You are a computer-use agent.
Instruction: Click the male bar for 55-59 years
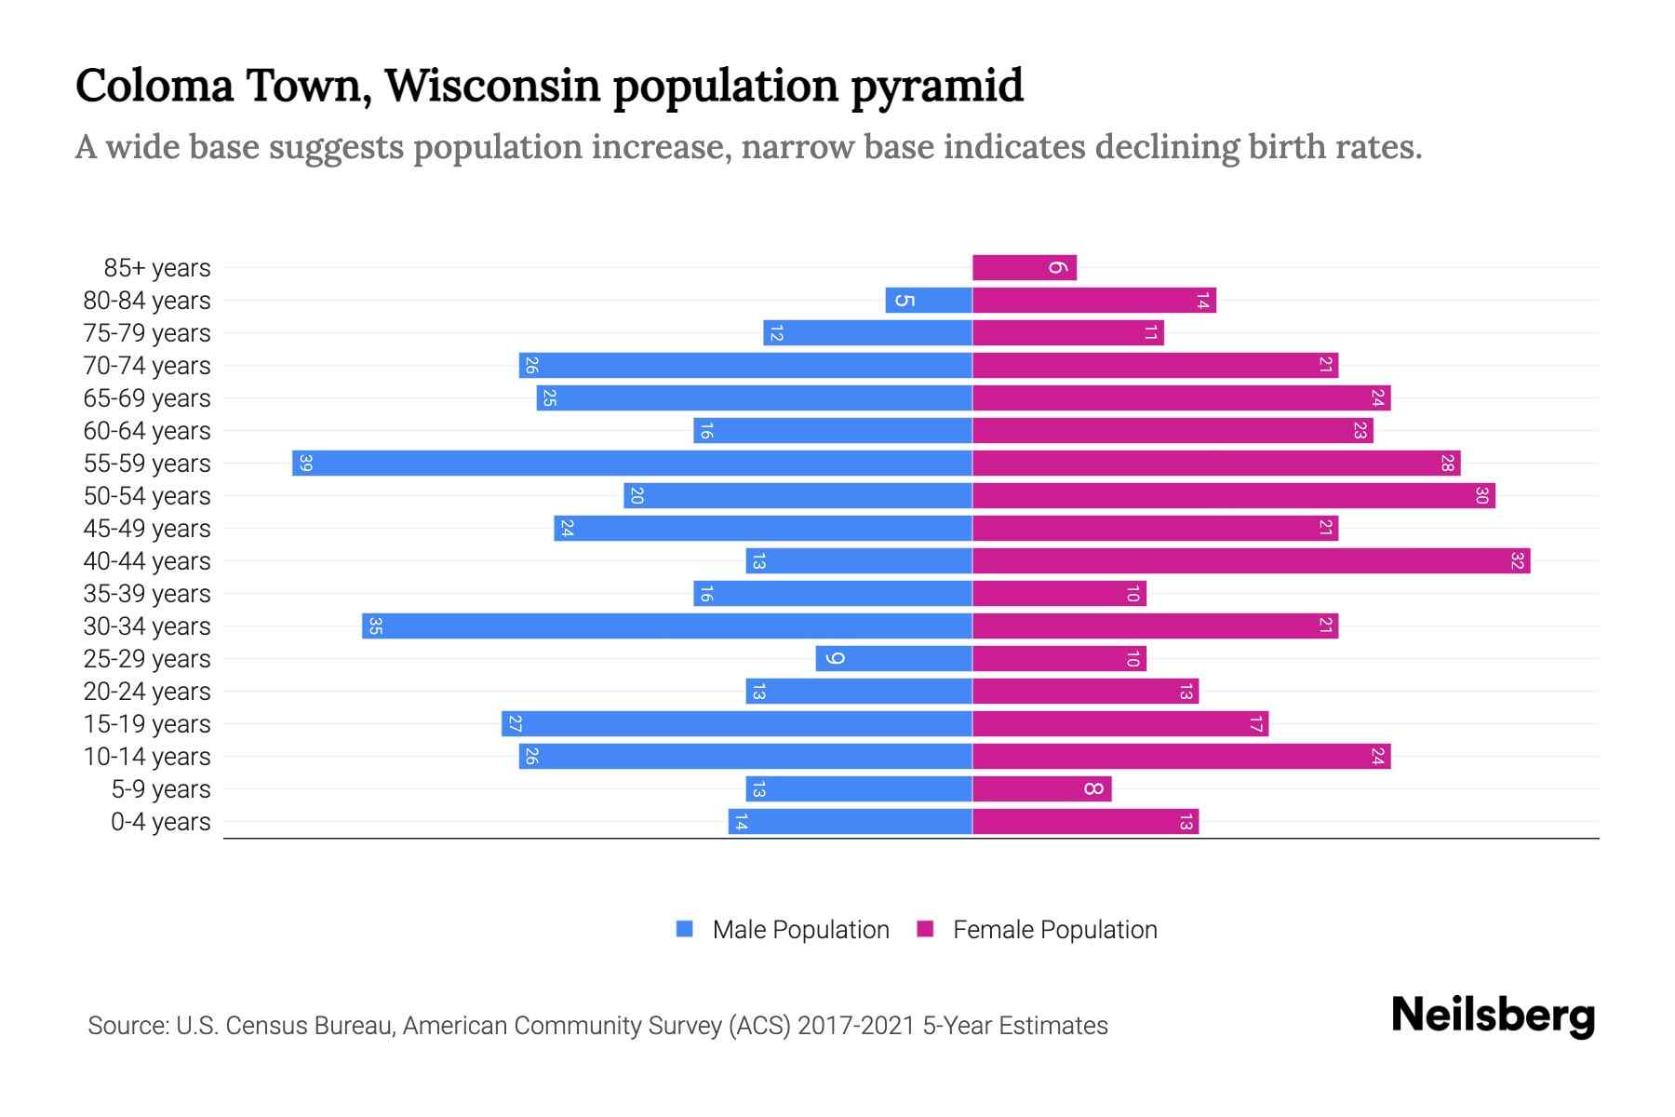tap(633, 463)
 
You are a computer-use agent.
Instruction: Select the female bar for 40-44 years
tap(1251, 560)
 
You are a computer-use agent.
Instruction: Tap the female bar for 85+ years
tap(1024, 267)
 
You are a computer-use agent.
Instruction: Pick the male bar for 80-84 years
tap(929, 300)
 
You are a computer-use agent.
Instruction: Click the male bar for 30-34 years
tap(667, 626)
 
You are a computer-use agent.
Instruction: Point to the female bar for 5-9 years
tap(1041, 788)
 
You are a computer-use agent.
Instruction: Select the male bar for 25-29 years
tap(893, 658)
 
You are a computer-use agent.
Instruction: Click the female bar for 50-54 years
tap(1233, 495)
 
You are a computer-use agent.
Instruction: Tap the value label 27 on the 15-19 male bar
tap(515, 723)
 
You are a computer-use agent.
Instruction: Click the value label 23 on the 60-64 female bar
tap(1360, 430)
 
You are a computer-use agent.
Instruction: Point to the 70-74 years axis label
tap(147, 366)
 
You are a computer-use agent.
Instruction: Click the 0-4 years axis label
tap(160, 822)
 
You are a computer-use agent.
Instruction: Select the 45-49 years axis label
tap(147, 529)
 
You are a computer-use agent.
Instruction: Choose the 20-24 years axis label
tap(147, 692)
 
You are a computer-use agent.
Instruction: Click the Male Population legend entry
tap(800, 929)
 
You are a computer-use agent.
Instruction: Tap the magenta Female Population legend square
tap(925, 929)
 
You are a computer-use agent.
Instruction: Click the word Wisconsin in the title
tap(493, 86)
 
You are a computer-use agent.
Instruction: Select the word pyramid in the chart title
tap(937, 86)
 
